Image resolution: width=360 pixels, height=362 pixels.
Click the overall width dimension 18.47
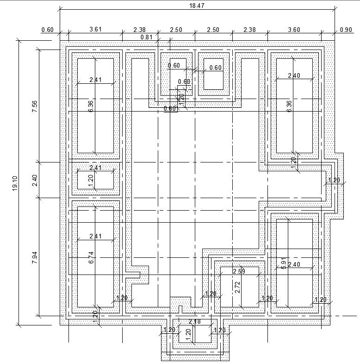197,6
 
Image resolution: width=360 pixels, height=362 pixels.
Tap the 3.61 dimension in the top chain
95,30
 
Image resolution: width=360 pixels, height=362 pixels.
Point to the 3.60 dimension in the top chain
294,30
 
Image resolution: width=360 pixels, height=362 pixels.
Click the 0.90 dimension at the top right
346,30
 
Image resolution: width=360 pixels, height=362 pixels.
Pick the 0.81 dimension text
146,37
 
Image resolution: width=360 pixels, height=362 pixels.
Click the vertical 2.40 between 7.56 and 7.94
35,181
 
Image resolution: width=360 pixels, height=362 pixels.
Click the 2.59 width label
239,271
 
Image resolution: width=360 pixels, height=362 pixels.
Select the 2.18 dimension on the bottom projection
195,322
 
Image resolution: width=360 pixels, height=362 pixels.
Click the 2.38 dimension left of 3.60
250,30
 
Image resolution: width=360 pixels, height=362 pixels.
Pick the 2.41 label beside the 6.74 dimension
95,237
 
